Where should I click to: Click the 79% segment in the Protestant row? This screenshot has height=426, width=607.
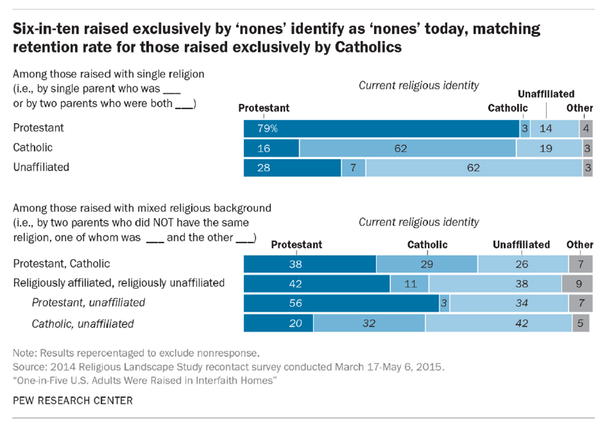tap(381, 129)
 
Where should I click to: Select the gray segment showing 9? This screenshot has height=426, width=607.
tap(577, 284)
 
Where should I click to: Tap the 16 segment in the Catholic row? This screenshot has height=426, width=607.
tap(271, 148)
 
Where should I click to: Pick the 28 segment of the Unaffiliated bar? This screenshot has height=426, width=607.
tap(292, 168)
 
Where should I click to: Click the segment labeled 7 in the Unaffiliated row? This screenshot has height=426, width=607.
tap(353, 168)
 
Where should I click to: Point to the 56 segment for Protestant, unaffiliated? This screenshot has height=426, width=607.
tap(341, 303)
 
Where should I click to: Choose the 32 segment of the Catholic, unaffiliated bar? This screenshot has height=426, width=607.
tap(369, 323)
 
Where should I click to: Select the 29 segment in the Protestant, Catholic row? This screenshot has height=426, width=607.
tap(427, 264)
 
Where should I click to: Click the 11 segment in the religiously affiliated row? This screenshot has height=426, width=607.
tap(409, 284)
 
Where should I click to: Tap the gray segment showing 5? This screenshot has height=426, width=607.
tap(581, 323)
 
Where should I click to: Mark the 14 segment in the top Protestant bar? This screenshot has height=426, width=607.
tap(554, 129)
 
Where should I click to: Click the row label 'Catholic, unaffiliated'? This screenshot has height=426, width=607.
tap(83, 324)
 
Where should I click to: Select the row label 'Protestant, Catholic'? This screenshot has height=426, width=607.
tap(62, 264)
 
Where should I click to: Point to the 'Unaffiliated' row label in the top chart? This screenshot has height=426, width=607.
tap(41, 167)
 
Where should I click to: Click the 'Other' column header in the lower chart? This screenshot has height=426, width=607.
tap(579, 245)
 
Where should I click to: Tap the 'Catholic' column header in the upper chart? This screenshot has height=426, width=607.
tap(508, 108)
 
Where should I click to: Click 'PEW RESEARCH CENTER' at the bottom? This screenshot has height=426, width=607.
tap(73, 401)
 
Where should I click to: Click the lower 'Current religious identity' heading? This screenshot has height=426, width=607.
tap(418, 222)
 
